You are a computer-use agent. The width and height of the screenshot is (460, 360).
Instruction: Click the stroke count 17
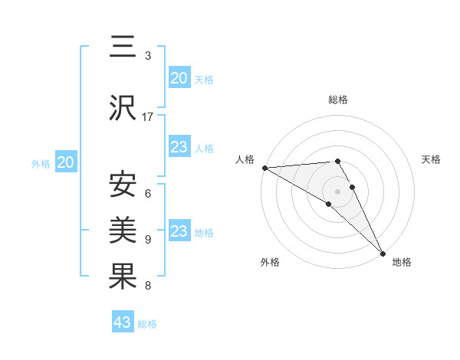click(x=148, y=116)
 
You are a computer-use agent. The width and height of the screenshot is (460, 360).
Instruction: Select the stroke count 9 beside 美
click(x=148, y=240)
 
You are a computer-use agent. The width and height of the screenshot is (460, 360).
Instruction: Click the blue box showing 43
click(x=123, y=322)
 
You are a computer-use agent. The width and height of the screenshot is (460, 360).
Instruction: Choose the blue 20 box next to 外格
click(x=66, y=162)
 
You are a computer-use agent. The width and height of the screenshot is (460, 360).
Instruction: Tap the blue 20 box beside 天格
click(x=179, y=77)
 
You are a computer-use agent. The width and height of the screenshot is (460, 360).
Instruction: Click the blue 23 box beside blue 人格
click(x=179, y=147)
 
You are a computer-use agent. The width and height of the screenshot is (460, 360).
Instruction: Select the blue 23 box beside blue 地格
click(x=179, y=231)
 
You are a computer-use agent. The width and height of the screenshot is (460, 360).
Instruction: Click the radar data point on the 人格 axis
click(x=264, y=168)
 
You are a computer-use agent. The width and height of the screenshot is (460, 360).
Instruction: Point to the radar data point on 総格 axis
click(x=337, y=161)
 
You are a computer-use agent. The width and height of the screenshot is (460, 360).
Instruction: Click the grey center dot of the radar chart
click(x=337, y=190)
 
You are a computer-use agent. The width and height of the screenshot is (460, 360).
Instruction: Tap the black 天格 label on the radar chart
click(x=431, y=159)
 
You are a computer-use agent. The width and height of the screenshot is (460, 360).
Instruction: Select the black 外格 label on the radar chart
click(x=270, y=262)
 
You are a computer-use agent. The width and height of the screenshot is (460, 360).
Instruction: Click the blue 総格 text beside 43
click(x=147, y=324)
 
